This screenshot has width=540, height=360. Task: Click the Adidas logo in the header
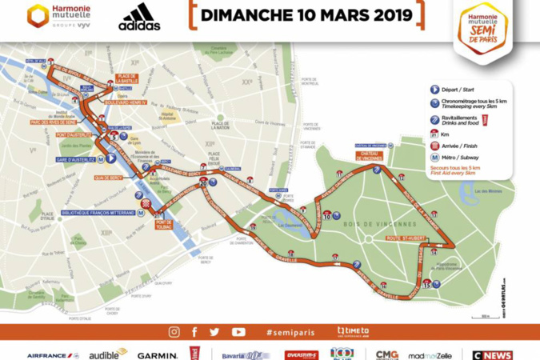[x=139, y=17]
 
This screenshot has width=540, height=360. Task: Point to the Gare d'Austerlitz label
[x=74, y=160]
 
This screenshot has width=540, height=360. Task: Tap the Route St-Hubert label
[x=403, y=238]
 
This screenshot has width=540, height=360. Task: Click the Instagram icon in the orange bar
[x=174, y=332]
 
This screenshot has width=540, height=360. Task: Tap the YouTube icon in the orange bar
[x=238, y=332]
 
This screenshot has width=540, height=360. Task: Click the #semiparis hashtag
[x=291, y=332]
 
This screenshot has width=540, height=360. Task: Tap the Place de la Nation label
[x=220, y=125]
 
